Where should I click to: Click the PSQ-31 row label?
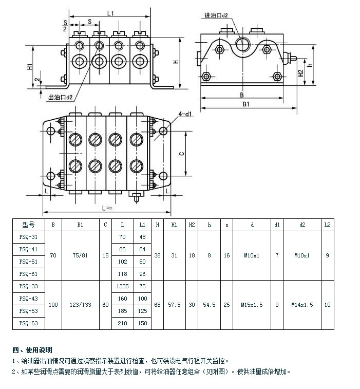click(28, 237)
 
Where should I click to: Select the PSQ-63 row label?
click(28, 323)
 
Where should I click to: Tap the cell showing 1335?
click(122, 286)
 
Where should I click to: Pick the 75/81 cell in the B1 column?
click(80, 255)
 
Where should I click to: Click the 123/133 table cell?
click(80, 305)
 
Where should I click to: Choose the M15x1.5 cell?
click(252, 305)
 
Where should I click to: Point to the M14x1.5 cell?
click(302, 305)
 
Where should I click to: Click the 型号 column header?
click(28, 225)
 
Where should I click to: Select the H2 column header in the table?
click(192, 225)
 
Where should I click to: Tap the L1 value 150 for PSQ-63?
click(143, 323)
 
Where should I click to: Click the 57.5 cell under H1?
click(174, 305)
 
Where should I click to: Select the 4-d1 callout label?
click(185, 114)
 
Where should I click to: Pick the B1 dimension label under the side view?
click(246, 104)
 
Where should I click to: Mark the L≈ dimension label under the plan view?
click(107, 208)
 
